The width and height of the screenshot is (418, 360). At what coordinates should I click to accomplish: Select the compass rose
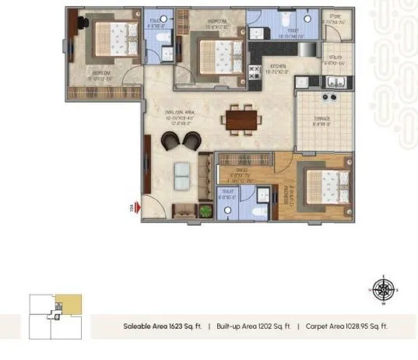click(382, 290)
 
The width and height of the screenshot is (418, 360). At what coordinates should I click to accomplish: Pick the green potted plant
click(205, 210)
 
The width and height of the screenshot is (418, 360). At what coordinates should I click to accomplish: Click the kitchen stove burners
click(254, 72)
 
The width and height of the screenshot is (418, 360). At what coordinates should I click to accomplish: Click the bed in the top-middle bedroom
click(218, 54)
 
